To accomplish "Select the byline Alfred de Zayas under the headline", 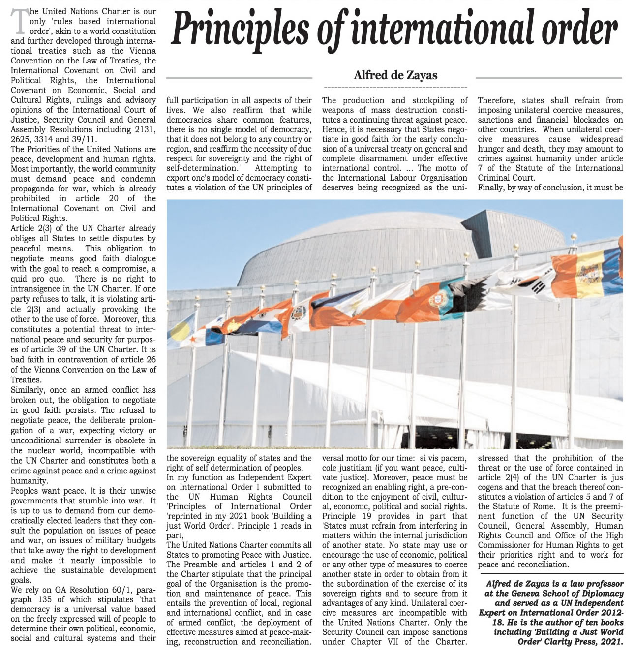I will [395, 75].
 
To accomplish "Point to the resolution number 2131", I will [145, 129].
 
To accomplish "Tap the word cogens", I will [492, 487].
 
